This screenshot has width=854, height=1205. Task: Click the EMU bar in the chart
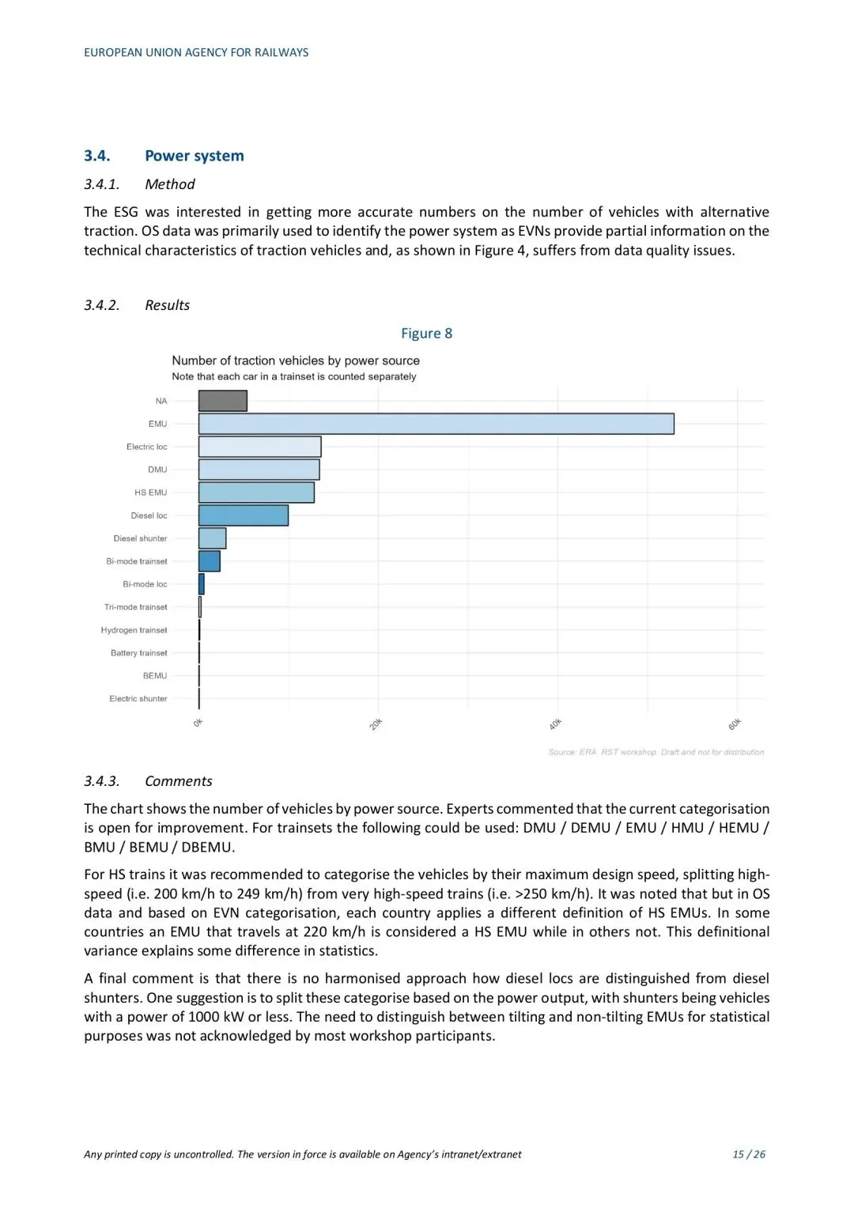[x=436, y=424]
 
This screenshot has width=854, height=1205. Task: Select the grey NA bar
[x=222, y=401]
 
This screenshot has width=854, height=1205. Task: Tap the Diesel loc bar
[x=243, y=516]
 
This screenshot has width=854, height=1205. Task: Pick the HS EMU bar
[x=256, y=493]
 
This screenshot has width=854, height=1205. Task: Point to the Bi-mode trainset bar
[x=209, y=561]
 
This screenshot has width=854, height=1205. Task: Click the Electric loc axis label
[x=146, y=447]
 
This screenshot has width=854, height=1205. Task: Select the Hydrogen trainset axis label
[x=134, y=630]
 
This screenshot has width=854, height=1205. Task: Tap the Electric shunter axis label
[x=138, y=699]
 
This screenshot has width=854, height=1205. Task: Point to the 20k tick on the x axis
[x=376, y=723]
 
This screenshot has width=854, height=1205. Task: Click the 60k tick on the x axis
[x=735, y=723]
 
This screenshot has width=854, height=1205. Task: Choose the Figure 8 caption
[x=426, y=334]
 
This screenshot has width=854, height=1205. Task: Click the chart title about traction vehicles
[x=296, y=361]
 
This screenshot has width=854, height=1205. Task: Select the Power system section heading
[x=194, y=156]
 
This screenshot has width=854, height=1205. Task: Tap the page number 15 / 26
[x=748, y=1154]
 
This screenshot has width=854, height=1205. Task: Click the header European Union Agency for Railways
[x=196, y=53]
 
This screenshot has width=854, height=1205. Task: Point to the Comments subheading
[x=178, y=781]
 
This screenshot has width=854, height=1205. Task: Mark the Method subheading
[x=169, y=184]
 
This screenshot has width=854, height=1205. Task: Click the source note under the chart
[x=656, y=752]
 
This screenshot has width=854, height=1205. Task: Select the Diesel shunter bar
[x=212, y=538]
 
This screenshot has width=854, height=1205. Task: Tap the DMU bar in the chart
[x=259, y=470]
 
